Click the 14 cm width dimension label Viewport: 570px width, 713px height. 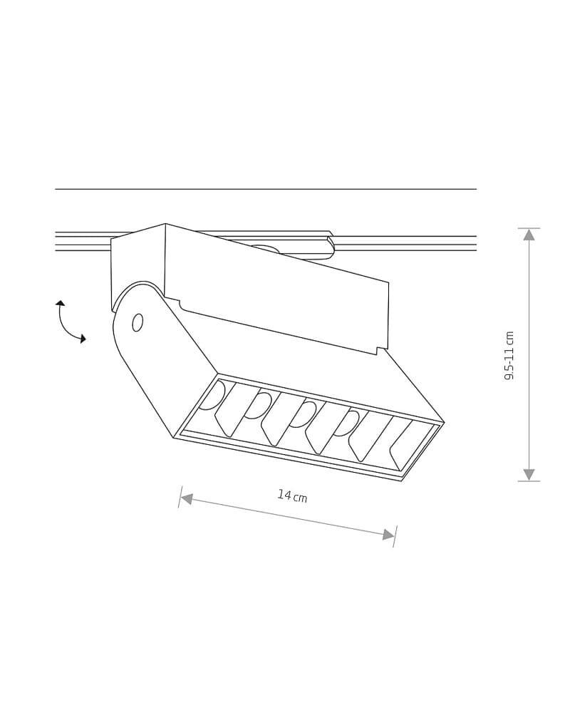(292, 496)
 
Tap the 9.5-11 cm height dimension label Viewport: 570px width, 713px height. (509, 355)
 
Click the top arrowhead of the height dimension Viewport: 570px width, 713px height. (529, 235)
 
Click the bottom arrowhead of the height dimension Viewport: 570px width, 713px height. (529, 474)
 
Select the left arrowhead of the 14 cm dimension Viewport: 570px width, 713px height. (187, 498)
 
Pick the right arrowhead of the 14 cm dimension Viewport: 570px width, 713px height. (388, 535)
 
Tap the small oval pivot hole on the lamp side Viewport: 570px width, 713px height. (138, 322)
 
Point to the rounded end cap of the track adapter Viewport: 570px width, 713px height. (329, 247)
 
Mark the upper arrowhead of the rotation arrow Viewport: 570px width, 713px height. (61, 303)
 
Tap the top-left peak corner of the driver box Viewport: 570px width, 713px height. (165, 224)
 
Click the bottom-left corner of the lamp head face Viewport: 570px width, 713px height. (174, 437)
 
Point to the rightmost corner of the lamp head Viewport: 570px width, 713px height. (443, 423)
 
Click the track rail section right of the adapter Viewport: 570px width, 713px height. (406, 243)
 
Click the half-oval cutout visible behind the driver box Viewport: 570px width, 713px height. (265, 249)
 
